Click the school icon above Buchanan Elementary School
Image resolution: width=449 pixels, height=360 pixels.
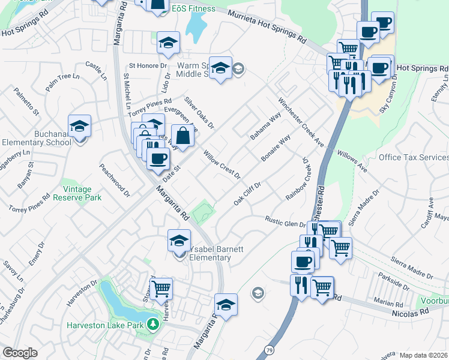[x=79, y=126]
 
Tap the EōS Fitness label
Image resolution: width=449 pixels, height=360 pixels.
[x=193, y=10]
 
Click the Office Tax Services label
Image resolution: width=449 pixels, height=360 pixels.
[x=413, y=157]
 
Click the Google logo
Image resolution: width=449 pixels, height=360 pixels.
[x=20, y=353]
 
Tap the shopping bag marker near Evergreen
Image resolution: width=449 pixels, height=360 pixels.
[x=183, y=136]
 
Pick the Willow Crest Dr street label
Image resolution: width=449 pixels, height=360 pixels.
[x=221, y=165]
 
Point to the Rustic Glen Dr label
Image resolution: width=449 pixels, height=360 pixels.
[x=286, y=221]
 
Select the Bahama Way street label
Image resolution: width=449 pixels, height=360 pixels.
[x=265, y=125]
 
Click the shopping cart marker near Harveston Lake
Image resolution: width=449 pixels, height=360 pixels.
[x=161, y=289]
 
